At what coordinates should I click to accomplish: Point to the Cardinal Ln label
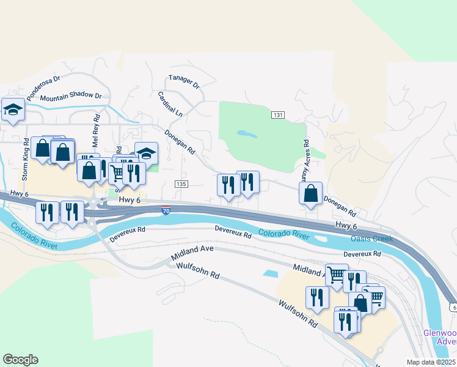(x=170, y=105)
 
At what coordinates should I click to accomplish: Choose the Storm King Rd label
(x=26, y=159)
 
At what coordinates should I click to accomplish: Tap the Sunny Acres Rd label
(x=305, y=161)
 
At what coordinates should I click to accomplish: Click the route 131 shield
(x=278, y=115)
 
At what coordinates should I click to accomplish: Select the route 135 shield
(x=180, y=184)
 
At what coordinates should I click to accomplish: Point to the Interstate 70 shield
(x=166, y=211)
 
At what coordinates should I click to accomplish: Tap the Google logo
(x=20, y=360)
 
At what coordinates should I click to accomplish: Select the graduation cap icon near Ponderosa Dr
(x=13, y=109)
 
